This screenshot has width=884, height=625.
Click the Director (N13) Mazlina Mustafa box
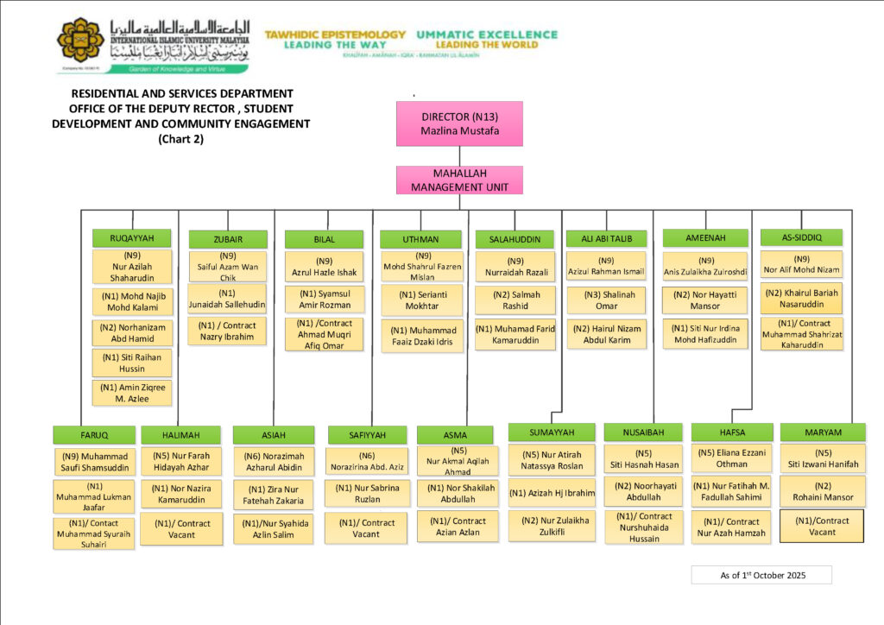point(459,123)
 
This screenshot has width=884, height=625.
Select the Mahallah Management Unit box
point(459,180)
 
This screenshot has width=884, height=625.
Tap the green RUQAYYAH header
point(131,237)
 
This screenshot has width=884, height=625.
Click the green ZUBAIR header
point(228,239)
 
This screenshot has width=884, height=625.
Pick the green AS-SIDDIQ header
point(800,237)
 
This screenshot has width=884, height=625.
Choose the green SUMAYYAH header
point(552,432)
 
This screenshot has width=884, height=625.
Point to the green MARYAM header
point(823,432)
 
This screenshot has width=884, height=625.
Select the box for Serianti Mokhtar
point(421,300)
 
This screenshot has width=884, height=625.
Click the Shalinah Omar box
point(606,300)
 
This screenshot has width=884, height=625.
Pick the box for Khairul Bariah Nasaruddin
point(800,299)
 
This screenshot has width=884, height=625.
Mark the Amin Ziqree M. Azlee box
point(131,393)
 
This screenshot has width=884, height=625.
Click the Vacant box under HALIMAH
point(181,528)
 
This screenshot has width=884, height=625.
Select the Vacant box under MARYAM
point(822,526)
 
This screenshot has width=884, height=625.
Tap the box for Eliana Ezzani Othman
point(731,458)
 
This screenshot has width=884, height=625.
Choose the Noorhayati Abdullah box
point(643,491)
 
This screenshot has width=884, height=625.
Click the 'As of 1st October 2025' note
point(761,575)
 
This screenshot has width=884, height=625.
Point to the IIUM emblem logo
point(80,40)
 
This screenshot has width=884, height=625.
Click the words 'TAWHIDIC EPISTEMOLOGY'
point(335,35)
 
